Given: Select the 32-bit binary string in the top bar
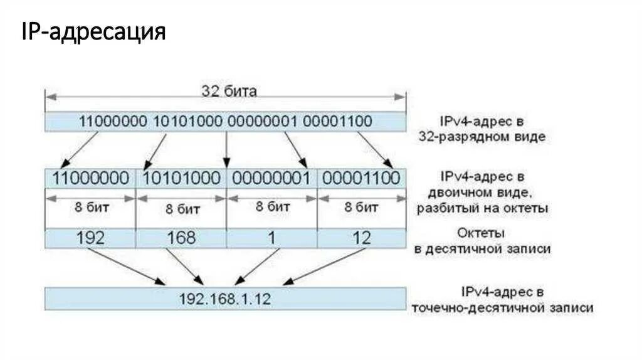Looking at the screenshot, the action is pyautogui.click(x=225, y=121).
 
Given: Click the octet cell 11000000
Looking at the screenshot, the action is pyautogui.click(x=91, y=177).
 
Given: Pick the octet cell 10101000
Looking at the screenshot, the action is pyautogui.click(x=181, y=177).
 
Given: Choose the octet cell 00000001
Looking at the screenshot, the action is pyautogui.click(x=271, y=177).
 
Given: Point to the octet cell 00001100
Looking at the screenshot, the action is pyautogui.click(x=361, y=177).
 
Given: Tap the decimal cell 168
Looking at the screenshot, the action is pyautogui.click(x=181, y=238).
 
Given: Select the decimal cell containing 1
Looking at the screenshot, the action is pyautogui.click(x=271, y=238).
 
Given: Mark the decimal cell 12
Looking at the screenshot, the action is pyautogui.click(x=362, y=238).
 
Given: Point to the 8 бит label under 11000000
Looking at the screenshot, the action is pyautogui.click(x=90, y=208).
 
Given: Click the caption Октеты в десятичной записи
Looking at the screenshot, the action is pyautogui.click(x=481, y=241).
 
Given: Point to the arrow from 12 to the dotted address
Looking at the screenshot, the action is pyautogui.click(x=326, y=267).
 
